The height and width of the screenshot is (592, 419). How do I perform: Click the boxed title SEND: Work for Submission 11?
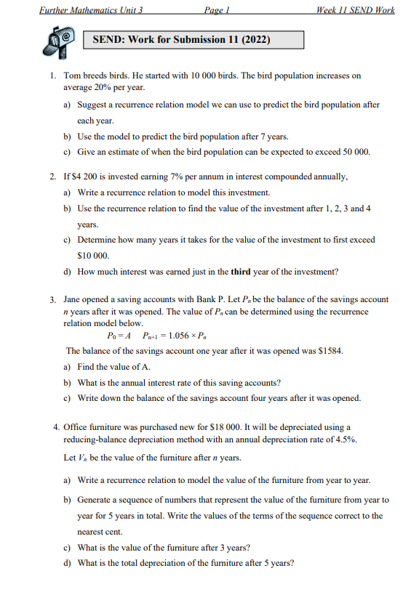pyautogui.click(x=181, y=40)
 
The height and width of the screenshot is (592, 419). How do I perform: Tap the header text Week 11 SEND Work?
pyautogui.click(x=352, y=11)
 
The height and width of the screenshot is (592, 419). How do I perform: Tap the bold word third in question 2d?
pyautogui.click(x=240, y=272)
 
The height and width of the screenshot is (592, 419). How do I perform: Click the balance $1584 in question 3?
pyautogui.click(x=329, y=351)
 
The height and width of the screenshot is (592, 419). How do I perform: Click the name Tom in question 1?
pyautogui.click(x=72, y=75)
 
